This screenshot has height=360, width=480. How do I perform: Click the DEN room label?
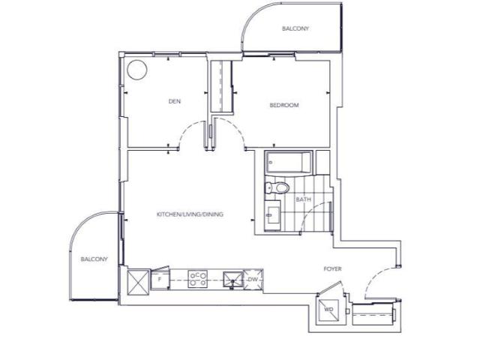tap(174, 102)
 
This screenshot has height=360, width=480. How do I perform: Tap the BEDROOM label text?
tap(284, 106)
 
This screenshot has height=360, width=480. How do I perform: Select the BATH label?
tap(303, 199)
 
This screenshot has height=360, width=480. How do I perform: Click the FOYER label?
tap(333, 268)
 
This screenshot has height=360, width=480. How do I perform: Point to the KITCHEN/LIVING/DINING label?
tap(190, 214)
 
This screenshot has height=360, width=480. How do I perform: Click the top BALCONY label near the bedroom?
tap(295, 29)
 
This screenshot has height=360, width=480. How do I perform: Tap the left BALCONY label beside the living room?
tap(94, 259)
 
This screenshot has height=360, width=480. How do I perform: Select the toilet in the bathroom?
tap(277, 187)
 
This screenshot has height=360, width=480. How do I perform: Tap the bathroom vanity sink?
tap(271, 216)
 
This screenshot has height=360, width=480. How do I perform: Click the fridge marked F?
tap(158, 280)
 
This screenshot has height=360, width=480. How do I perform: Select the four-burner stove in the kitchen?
tap(198, 279)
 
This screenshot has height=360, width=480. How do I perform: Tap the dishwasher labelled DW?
tap(254, 279)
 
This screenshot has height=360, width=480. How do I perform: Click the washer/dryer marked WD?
tap(328, 310)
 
